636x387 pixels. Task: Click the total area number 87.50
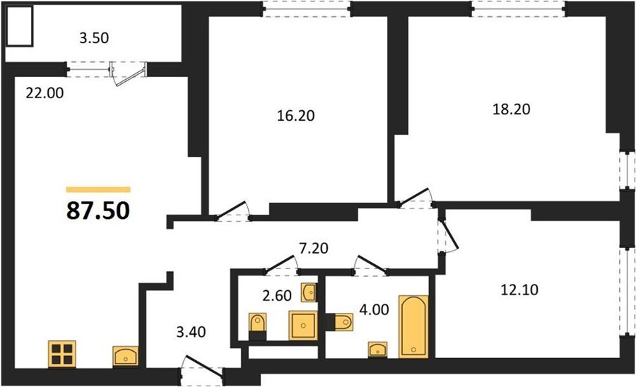point(98,210)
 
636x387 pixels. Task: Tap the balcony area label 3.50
point(94,38)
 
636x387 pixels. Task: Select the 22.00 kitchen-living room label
point(45,93)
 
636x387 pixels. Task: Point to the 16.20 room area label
point(295,116)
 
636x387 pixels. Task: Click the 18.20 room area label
point(512,109)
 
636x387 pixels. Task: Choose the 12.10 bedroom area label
point(519,290)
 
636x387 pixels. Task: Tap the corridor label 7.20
point(314,248)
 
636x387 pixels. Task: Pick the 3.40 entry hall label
point(191,333)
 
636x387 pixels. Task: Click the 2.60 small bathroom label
point(277,296)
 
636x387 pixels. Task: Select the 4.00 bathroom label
point(374,309)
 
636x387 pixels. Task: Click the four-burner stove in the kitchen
point(62,354)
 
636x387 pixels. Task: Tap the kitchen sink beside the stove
point(125,357)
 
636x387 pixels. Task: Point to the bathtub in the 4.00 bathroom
point(413,327)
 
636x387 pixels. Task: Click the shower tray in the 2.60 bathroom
point(303,326)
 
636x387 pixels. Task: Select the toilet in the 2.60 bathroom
point(257,326)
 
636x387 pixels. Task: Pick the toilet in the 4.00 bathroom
point(339,323)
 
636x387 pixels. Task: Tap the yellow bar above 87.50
point(98,189)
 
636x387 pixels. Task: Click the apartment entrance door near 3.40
point(201,369)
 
